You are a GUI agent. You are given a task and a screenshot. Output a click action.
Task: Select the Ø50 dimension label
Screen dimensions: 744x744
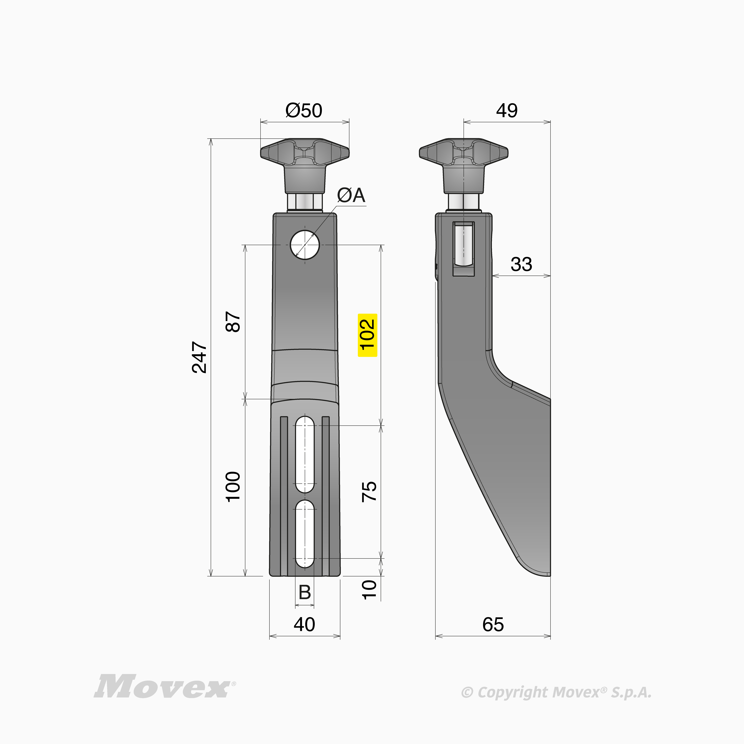(304, 110)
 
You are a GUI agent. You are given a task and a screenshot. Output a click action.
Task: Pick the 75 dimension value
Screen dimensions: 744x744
(369, 491)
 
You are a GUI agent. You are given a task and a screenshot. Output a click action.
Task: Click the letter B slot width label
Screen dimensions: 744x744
(305, 592)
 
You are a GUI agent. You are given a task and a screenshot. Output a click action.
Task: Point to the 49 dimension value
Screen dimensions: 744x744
(507, 110)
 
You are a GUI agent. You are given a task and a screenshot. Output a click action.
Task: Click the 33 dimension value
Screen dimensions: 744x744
(521, 264)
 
